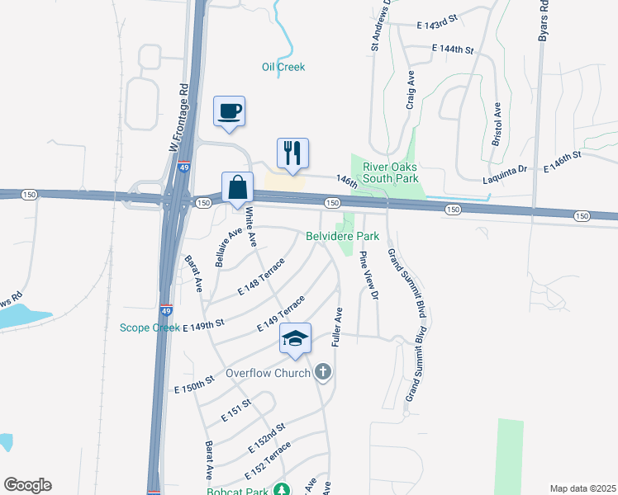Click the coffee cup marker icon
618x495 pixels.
pos(229,111)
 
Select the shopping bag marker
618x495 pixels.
pos(237,187)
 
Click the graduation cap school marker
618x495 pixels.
pos(296,338)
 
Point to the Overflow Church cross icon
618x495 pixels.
pos(324,372)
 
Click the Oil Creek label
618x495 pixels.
pos(283,67)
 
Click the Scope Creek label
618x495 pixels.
pos(150,328)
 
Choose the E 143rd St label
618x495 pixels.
pos(437,26)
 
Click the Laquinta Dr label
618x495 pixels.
pos(505,170)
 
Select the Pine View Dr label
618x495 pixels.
pos(368,276)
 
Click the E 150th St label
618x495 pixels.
pos(194,383)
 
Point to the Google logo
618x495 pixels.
pos(27,485)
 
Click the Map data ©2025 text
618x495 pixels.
pos(582,488)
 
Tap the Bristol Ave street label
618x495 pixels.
pos(497,125)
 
